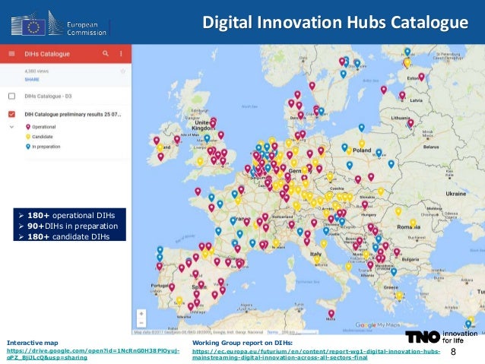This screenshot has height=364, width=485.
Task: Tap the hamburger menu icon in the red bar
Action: [11, 53]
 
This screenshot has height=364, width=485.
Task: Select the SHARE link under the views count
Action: [33, 78]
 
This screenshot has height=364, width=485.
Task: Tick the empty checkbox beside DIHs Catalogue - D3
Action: [11, 97]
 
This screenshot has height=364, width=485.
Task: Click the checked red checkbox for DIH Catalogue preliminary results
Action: [11, 114]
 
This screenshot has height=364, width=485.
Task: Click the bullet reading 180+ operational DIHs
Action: [69, 215]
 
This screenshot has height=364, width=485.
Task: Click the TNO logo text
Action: [422, 337]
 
